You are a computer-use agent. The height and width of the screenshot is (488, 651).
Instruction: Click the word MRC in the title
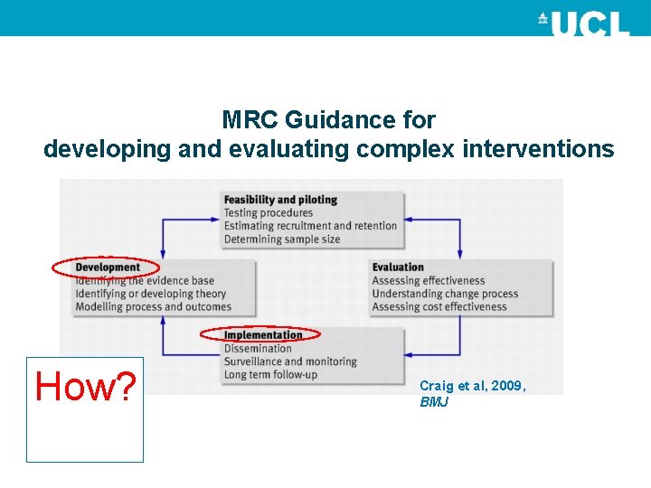point(250,120)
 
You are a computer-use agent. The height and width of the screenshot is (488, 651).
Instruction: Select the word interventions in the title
point(538,149)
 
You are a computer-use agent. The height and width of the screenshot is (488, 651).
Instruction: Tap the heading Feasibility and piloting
point(280,200)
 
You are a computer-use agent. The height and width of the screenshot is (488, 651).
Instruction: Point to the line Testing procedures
point(269,213)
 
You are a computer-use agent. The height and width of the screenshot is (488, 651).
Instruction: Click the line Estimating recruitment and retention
point(310,226)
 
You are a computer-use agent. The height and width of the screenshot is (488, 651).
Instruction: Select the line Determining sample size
point(281,239)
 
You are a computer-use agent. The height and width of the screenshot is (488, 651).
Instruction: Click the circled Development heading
point(108,267)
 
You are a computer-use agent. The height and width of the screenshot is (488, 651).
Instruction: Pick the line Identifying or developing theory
point(151,294)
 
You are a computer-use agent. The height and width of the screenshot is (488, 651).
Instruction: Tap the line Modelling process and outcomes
point(154,307)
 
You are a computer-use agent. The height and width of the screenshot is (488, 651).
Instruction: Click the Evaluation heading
point(398,267)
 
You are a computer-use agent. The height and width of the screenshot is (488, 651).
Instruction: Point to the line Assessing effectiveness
point(429,281)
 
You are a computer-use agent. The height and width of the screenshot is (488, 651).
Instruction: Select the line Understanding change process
point(445,294)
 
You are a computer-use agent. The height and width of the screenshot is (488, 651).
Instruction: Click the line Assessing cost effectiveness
point(439,307)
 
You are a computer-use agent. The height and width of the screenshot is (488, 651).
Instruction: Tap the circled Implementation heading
point(263,335)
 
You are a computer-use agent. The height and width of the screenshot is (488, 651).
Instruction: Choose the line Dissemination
point(258,349)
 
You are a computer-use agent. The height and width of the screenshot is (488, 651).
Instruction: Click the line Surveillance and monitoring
point(290,361)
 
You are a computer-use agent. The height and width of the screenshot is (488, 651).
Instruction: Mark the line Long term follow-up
point(270,375)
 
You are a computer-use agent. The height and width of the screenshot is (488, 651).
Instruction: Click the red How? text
point(85,387)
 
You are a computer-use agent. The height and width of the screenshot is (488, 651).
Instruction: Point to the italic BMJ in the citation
point(434,402)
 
